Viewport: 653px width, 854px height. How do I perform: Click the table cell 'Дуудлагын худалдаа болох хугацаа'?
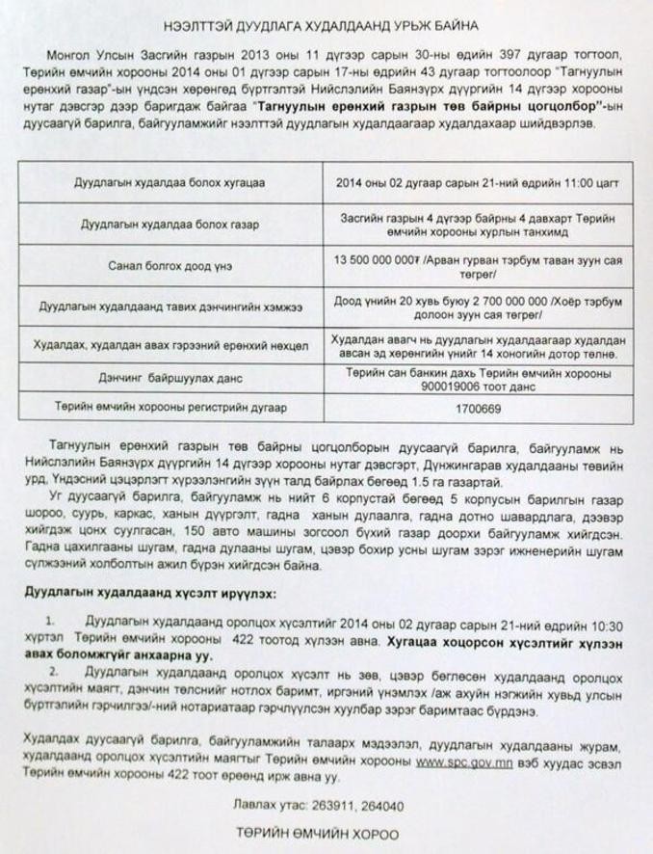[170, 181]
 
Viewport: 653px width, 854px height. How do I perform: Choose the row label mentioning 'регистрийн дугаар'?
[170, 409]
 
